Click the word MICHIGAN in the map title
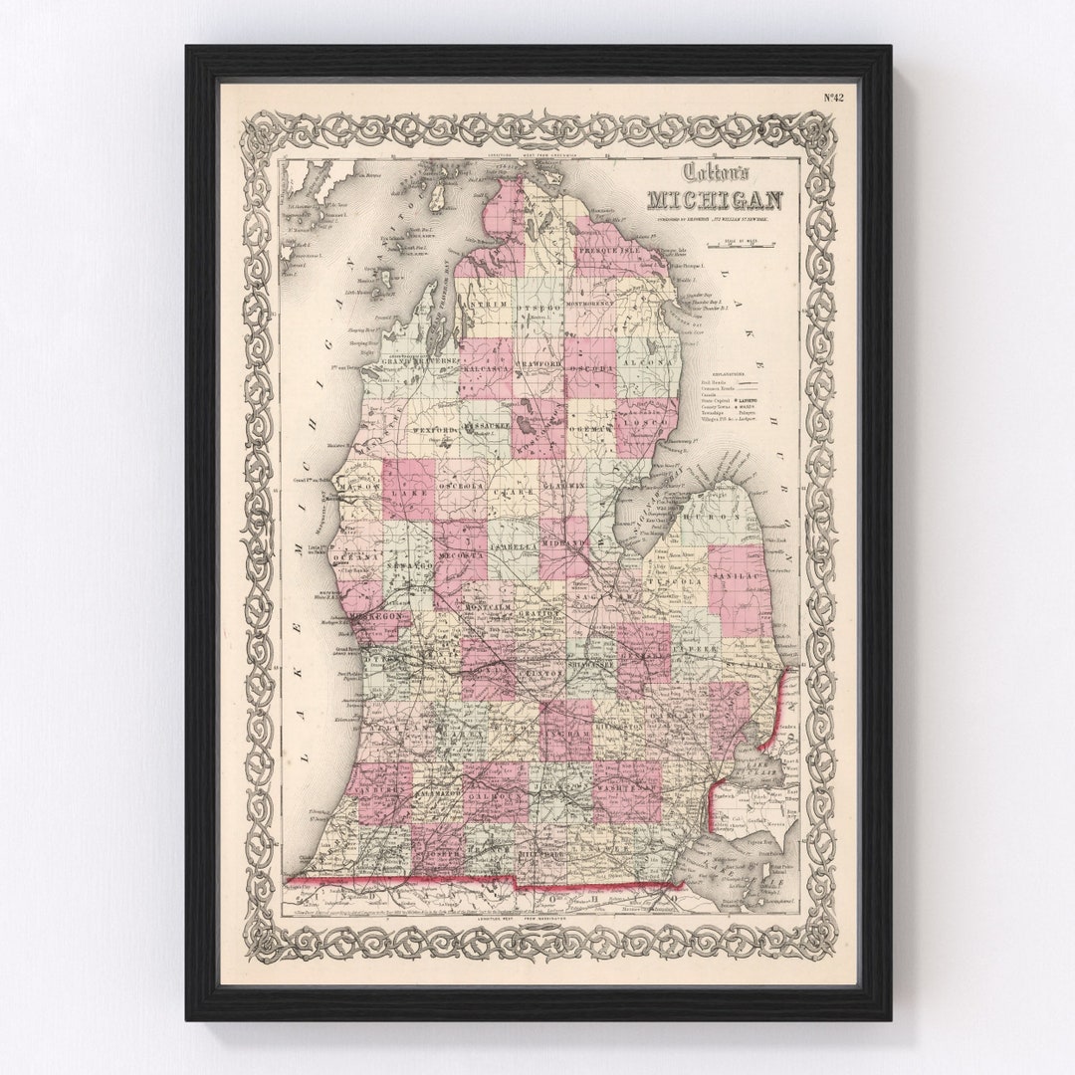pyautogui.click(x=714, y=200)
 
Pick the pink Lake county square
pyautogui.click(x=408, y=490)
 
